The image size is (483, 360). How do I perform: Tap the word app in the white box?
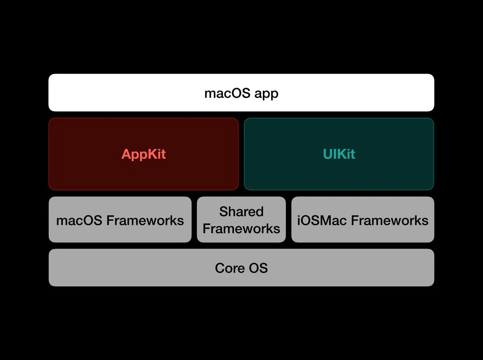pyautogui.click(x=266, y=94)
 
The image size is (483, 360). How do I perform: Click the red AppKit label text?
pyautogui.click(x=143, y=154)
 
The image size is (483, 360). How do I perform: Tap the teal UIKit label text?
pyautogui.click(x=339, y=154)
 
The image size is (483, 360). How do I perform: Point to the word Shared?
pyautogui.click(x=241, y=212)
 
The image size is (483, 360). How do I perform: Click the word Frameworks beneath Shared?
pyautogui.click(x=241, y=228)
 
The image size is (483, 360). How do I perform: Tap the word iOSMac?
pyautogui.click(x=322, y=220)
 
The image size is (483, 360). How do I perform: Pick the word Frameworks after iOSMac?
pyautogui.click(x=390, y=220)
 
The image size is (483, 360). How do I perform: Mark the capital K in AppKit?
pyautogui.click(x=151, y=154)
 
